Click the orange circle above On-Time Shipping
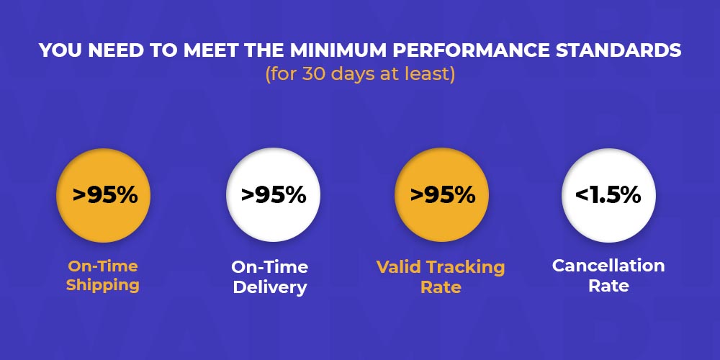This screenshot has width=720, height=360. [103, 195]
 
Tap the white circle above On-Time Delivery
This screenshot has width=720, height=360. [273, 195]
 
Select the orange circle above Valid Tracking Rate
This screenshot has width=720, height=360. [442, 195]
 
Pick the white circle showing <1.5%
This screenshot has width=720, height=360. [609, 195]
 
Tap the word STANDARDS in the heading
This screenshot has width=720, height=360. [618, 51]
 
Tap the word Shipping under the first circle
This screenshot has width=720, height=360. [103, 286]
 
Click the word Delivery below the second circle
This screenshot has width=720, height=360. [270, 287]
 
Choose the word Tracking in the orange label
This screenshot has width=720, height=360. [466, 268]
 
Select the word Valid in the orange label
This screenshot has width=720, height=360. [400, 267]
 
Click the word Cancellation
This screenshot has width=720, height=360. [608, 266]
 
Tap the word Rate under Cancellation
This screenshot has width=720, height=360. [609, 286]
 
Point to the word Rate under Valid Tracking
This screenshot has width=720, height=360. [441, 287]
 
